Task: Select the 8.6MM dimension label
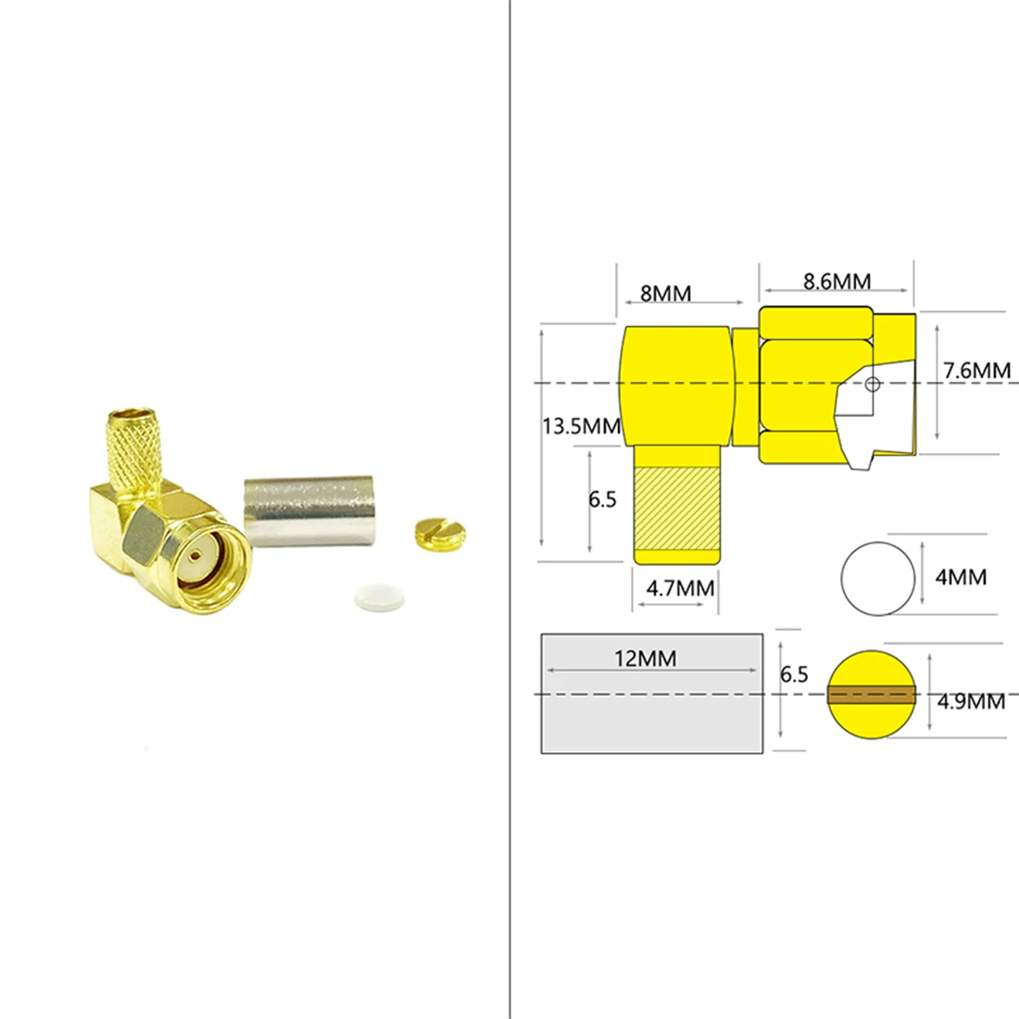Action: pos(837,281)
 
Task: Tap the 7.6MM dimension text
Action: pos(976,371)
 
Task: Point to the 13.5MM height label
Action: pos(581,426)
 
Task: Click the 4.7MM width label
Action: pos(679,588)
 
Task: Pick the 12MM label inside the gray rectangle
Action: pos(645,659)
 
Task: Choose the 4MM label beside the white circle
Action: pos(961,577)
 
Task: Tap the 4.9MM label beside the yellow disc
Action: pos(970,701)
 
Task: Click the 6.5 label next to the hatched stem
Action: pos(602,499)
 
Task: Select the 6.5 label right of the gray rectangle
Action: pos(794,674)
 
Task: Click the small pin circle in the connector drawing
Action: pos(872,384)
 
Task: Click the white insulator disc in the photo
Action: pos(380,597)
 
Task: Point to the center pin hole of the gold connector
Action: pos(195,557)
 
